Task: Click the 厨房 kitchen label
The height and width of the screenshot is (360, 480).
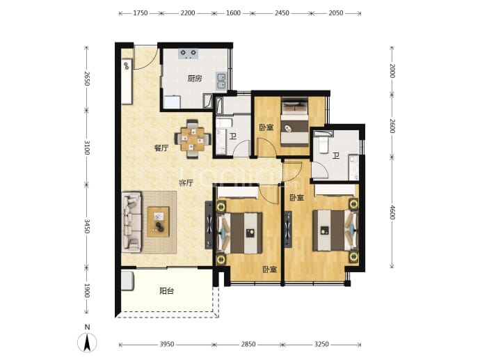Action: click(x=195, y=79)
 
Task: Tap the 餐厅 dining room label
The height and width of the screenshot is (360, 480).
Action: click(x=161, y=148)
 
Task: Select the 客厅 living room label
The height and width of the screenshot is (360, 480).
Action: click(x=186, y=183)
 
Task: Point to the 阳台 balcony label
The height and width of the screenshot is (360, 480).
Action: click(x=167, y=291)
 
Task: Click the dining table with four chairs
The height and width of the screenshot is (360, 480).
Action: click(x=193, y=139)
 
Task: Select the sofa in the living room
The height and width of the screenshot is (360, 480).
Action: click(x=131, y=222)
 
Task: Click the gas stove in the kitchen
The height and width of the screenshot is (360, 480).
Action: click(x=189, y=54)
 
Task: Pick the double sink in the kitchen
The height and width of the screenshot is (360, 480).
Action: click(x=221, y=81)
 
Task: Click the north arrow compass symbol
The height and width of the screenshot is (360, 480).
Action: click(x=87, y=342)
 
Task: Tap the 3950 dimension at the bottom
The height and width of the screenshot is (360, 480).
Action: click(x=167, y=345)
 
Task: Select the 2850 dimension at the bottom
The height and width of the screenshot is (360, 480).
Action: click(x=248, y=345)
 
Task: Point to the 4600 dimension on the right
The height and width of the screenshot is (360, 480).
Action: click(x=392, y=212)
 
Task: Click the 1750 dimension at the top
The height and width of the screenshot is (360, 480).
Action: click(x=141, y=13)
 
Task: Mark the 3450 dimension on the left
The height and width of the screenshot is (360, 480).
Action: click(x=87, y=226)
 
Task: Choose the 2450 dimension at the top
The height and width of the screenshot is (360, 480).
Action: click(x=282, y=13)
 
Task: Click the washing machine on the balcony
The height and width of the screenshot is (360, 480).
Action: click(x=128, y=281)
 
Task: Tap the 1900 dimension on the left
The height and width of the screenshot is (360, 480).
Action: click(x=87, y=290)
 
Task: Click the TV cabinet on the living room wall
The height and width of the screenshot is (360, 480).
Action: click(x=209, y=225)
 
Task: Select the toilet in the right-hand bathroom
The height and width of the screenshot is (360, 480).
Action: click(x=323, y=145)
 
